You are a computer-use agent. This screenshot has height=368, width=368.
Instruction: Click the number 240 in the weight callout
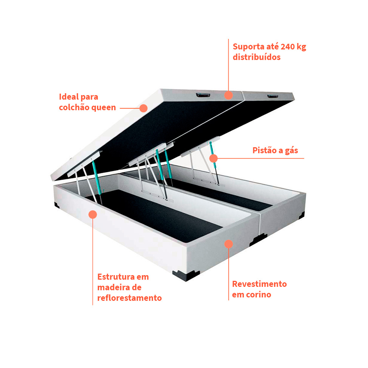point(288,47)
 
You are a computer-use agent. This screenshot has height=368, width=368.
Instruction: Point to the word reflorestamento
point(129,298)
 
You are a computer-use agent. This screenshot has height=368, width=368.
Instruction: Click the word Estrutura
point(116,277)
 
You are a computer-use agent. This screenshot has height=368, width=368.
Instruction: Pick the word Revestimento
point(259,284)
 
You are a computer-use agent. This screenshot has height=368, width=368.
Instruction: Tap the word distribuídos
point(257,57)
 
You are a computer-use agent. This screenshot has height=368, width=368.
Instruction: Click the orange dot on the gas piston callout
point(213,159)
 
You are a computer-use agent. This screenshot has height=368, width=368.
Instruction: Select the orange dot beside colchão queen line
point(143,108)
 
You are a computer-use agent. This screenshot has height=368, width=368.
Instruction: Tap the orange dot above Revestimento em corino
point(229,244)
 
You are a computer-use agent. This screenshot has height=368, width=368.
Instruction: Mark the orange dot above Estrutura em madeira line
point(93,214)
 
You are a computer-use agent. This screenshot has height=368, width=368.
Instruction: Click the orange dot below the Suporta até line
point(228,95)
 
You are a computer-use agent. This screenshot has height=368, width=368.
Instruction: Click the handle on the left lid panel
point(203,95)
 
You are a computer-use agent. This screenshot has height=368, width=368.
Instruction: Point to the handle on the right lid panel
point(273,96)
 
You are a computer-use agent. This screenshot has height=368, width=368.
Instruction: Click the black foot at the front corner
point(186,276)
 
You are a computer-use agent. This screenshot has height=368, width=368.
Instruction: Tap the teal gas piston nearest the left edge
point(97,178)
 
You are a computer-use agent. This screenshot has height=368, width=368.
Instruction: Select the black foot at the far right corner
point(302,215)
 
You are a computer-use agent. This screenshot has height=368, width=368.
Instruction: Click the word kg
point(301,47)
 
